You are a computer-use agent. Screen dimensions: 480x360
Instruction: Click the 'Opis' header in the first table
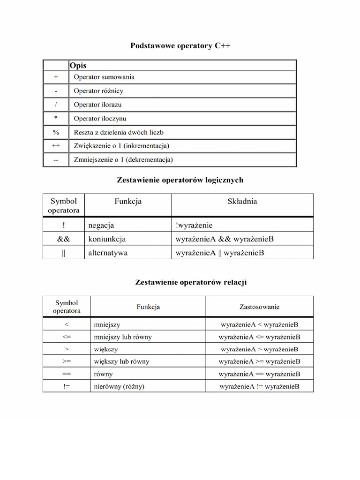78,65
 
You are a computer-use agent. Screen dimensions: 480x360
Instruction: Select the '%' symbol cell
56,132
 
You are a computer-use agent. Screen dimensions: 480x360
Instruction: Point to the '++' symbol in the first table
56,146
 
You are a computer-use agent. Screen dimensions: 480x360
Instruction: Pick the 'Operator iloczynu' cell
100,119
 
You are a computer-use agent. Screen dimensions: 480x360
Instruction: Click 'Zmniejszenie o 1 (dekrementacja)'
123,160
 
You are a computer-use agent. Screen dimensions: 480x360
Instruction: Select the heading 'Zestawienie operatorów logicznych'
180,180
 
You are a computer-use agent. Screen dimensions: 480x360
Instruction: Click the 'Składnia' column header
242,202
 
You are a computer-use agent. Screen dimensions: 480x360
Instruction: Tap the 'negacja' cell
101,225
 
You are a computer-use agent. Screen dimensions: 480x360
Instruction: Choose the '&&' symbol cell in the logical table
64,239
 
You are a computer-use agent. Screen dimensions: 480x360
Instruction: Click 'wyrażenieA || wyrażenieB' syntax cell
220,253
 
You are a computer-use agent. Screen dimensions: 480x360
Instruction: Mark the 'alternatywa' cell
108,253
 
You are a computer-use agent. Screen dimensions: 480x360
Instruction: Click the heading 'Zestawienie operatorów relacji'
191,282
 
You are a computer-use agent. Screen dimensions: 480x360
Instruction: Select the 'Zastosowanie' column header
259,307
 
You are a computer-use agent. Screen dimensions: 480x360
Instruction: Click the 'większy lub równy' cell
122,361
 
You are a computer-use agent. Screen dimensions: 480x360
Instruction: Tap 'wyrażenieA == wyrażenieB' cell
259,374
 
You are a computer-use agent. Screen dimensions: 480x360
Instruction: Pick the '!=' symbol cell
66,386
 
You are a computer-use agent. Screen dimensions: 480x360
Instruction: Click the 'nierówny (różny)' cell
119,387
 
